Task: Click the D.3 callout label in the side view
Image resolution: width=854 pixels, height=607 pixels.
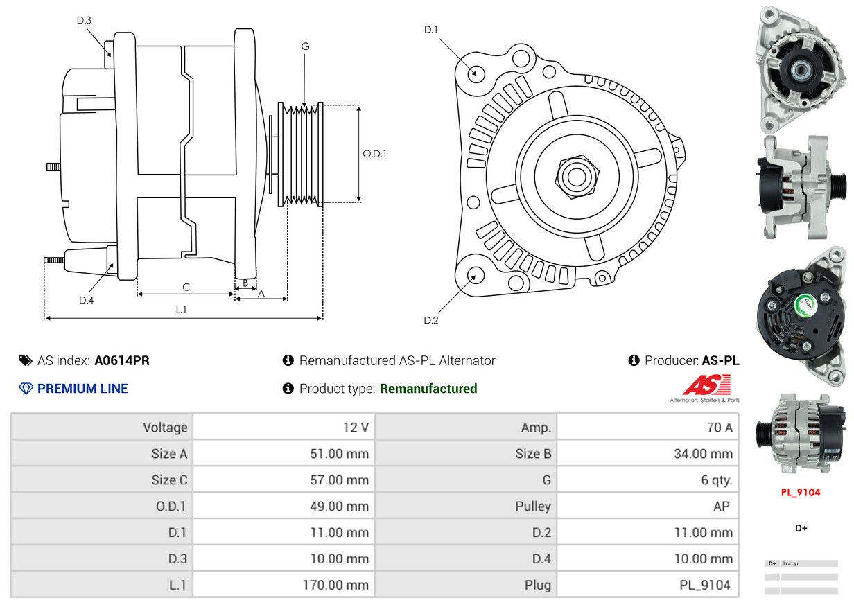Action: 84,20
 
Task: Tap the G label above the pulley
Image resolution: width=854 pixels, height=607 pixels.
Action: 305,46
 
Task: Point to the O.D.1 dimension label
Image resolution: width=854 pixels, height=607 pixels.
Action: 374,154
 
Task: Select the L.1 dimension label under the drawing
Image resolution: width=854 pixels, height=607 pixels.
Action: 181,310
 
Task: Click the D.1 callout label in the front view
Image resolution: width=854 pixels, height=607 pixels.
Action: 431,30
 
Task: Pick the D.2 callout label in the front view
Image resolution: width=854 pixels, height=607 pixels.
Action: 431,320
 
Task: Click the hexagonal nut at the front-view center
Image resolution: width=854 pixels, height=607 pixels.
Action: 577,177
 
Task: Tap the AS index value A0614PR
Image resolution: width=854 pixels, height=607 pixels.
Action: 122,360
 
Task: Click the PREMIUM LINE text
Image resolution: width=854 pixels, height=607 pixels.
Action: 82,389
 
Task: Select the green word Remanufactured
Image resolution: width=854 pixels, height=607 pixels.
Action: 428,389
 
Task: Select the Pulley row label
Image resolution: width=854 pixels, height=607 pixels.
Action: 533,507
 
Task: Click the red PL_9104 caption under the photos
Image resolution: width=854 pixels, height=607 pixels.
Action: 800,492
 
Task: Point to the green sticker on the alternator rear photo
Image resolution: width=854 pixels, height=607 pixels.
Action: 805,306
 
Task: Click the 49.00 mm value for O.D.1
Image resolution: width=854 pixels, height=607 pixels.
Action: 340,507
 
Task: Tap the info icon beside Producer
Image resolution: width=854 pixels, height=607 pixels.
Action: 634,360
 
